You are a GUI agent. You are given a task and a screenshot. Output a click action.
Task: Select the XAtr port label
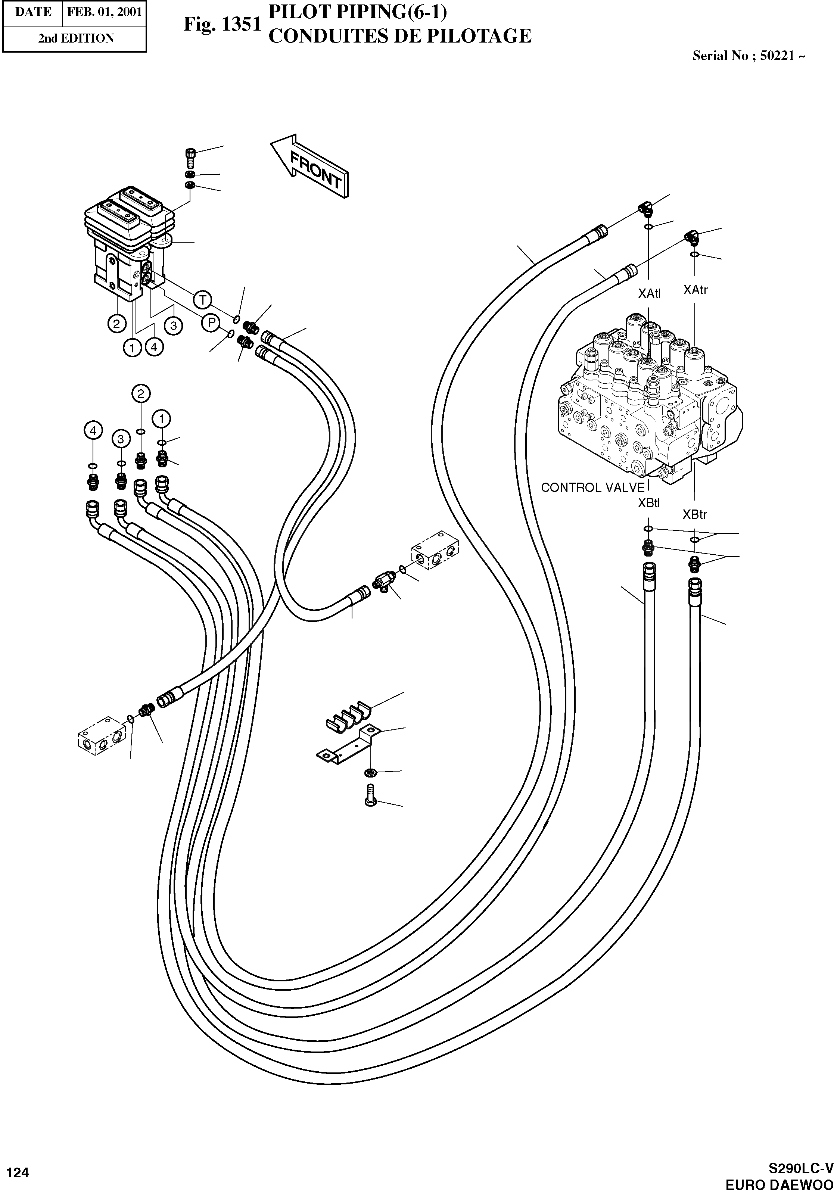695,290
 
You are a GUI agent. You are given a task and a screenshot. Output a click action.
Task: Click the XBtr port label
695,515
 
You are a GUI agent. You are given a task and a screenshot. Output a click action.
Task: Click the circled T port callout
203,300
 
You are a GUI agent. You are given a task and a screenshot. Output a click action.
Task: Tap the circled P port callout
211,323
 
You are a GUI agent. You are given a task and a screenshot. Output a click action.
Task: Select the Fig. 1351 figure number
222,24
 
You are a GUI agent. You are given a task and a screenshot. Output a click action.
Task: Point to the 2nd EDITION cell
76,38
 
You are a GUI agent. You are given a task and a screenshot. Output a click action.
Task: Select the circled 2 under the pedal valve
116,324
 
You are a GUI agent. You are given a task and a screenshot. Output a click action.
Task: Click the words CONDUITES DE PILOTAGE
399,36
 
